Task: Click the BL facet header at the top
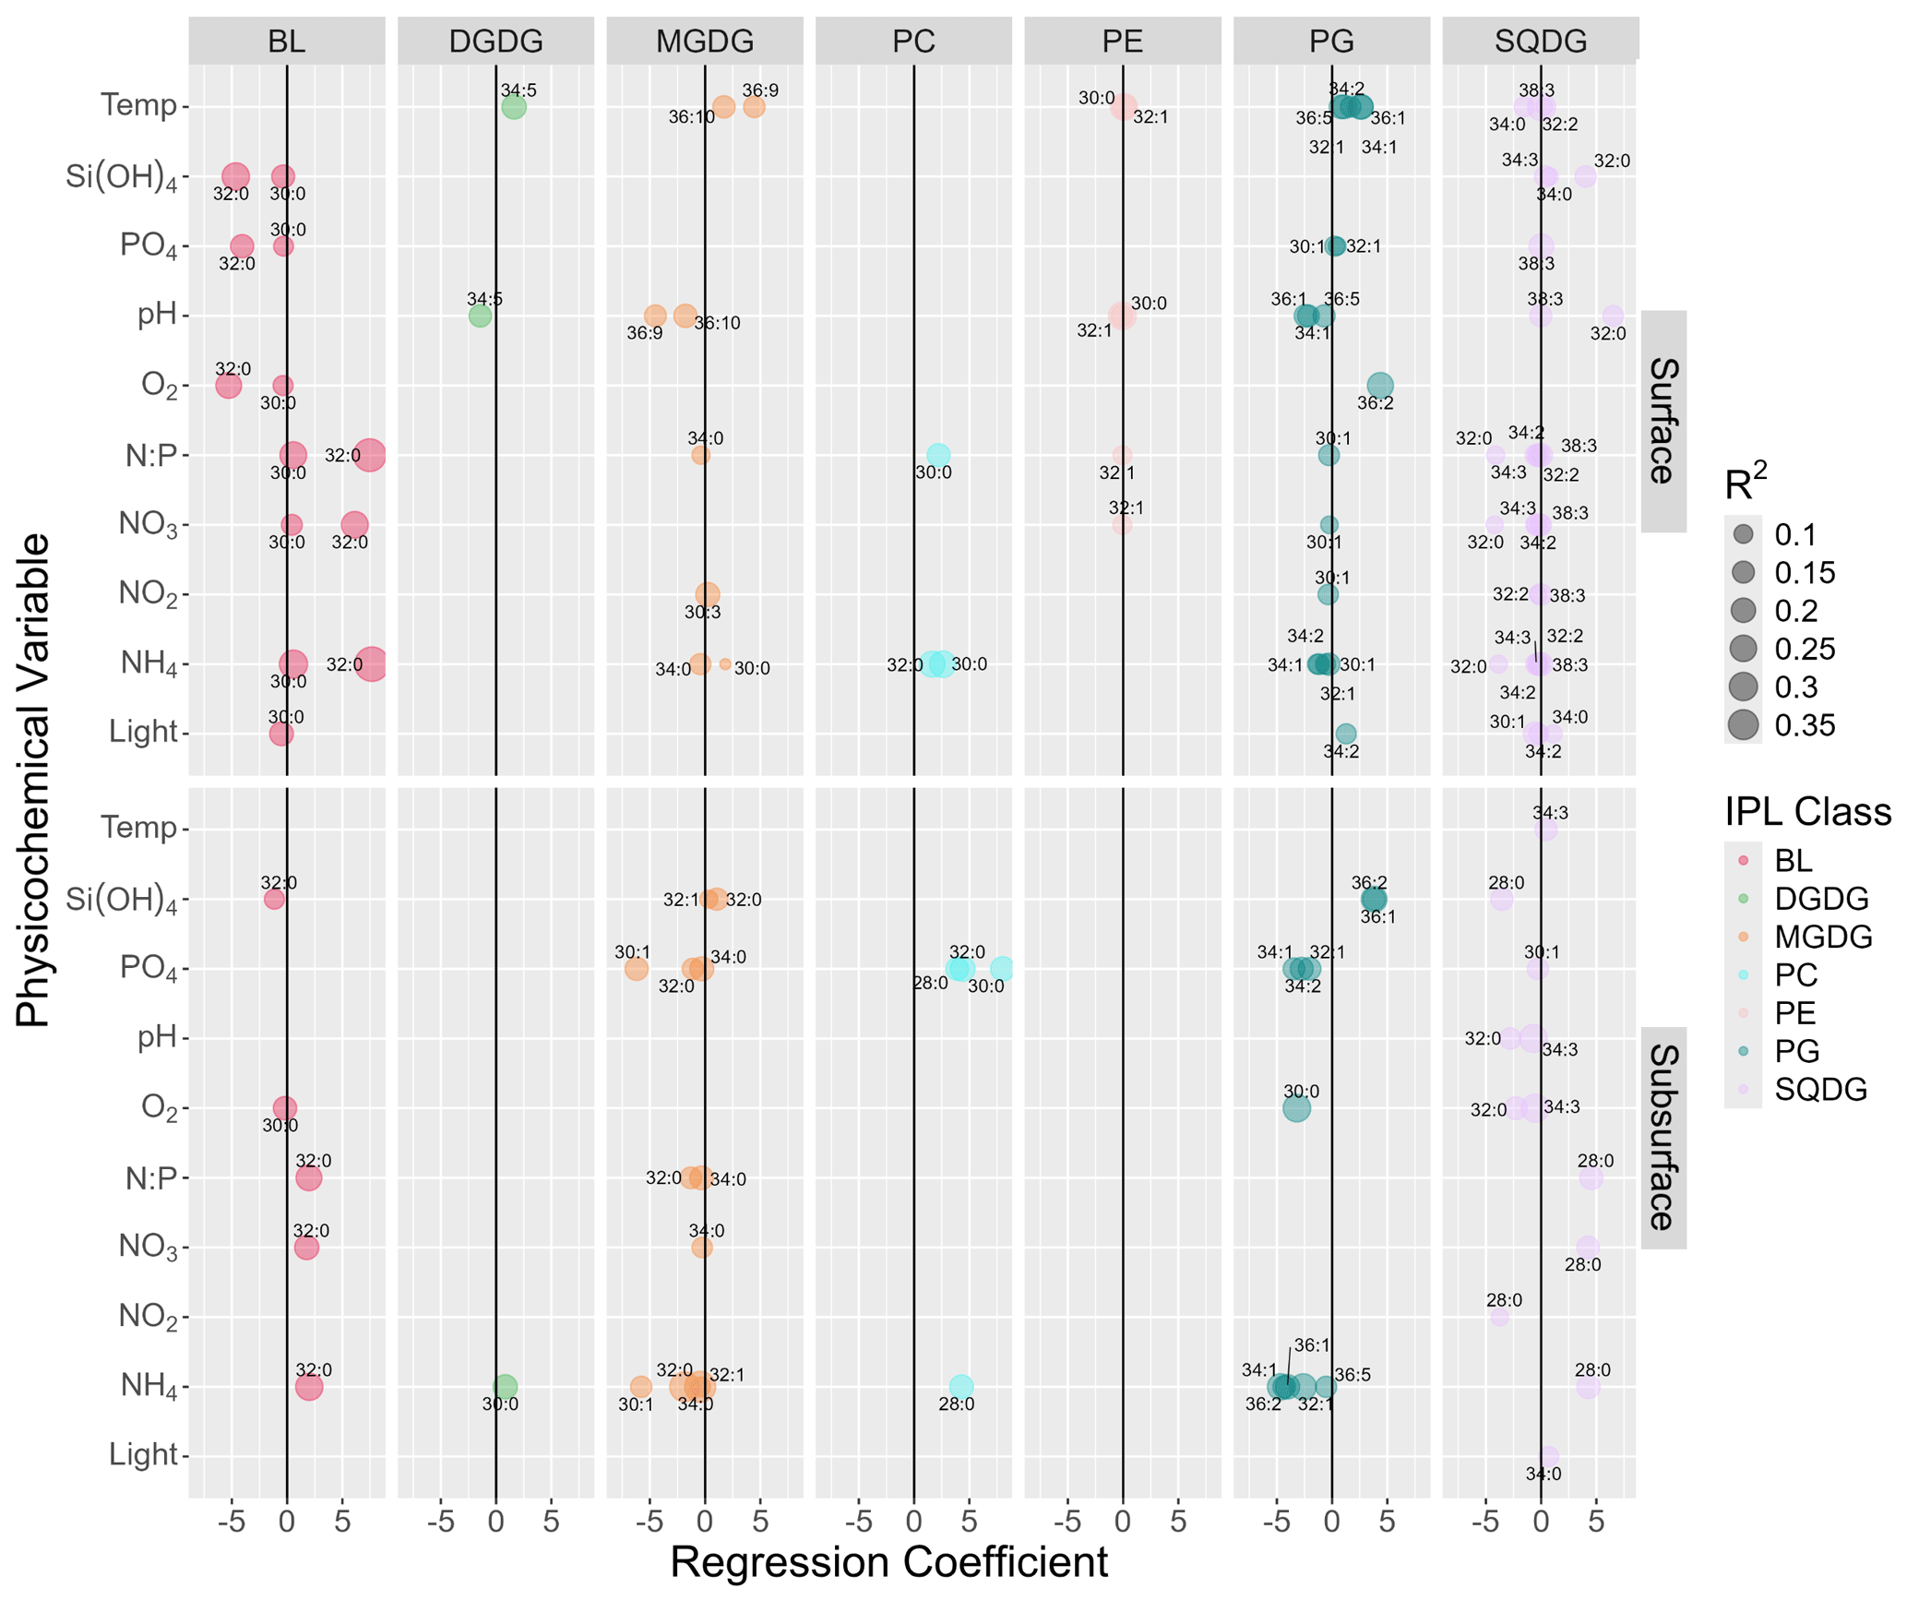(x=286, y=42)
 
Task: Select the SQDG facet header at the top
(x=1540, y=42)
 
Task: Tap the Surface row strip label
(x=1663, y=421)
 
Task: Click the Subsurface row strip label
(x=1663, y=1137)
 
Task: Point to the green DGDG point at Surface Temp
(x=514, y=107)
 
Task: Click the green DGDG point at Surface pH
(x=480, y=316)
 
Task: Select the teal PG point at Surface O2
(x=1379, y=385)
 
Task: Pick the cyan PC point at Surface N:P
(x=937, y=455)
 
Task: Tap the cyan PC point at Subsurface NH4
(x=961, y=1386)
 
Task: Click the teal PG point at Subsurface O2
(x=1296, y=1108)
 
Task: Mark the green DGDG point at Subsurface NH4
(x=505, y=1386)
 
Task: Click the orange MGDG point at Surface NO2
(x=708, y=594)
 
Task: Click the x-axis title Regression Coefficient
(x=888, y=1561)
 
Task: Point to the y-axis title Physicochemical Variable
(x=33, y=780)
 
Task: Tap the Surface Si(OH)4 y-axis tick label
(x=122, y=176)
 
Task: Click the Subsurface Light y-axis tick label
(x=143, y=1455)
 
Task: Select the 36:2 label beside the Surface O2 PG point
(x=1375, y=403)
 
